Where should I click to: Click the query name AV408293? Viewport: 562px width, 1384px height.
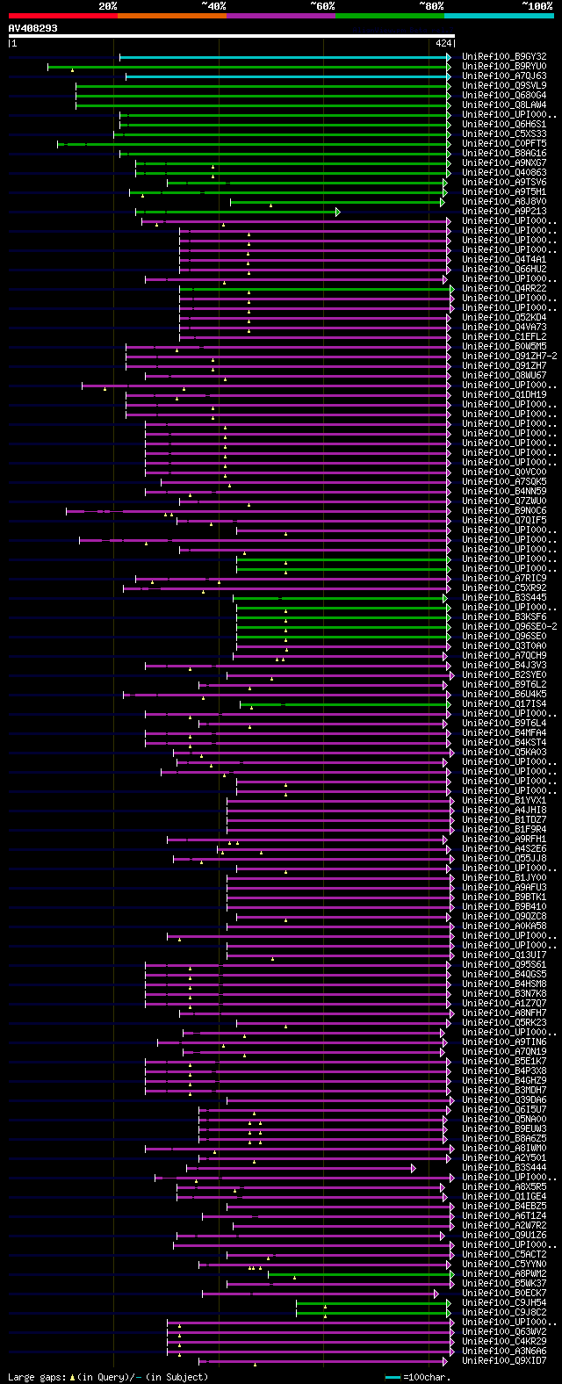[33, 28]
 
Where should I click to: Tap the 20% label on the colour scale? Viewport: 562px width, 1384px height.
[108, 6]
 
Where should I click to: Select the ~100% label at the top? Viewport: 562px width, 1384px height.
[537, 6]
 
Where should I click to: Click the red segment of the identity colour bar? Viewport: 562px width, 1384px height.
[62, 16]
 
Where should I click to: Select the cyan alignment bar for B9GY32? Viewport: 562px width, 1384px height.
[281, 57]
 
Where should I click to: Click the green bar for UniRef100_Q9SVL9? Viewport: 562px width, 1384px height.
[263, 86]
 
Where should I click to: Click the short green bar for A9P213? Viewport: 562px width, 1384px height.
[237, 212]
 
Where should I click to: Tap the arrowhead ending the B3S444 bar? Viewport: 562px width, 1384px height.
[413, 1168]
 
